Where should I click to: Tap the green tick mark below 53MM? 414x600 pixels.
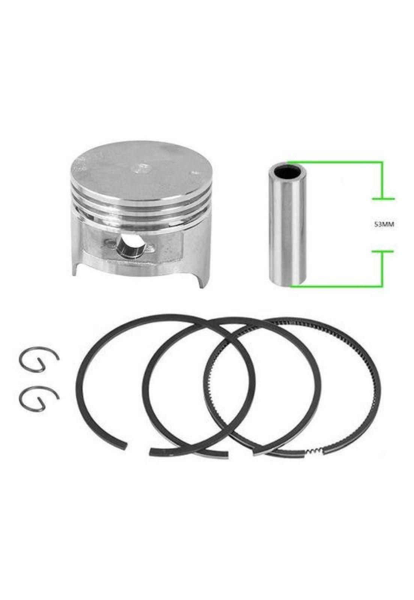[382, 252]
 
